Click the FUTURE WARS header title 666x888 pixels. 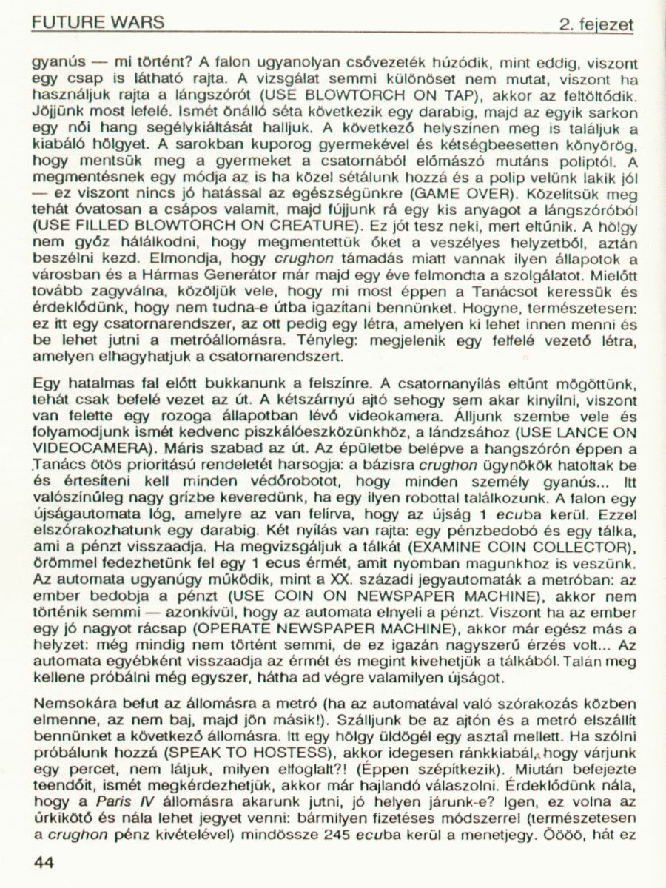[98, 23]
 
